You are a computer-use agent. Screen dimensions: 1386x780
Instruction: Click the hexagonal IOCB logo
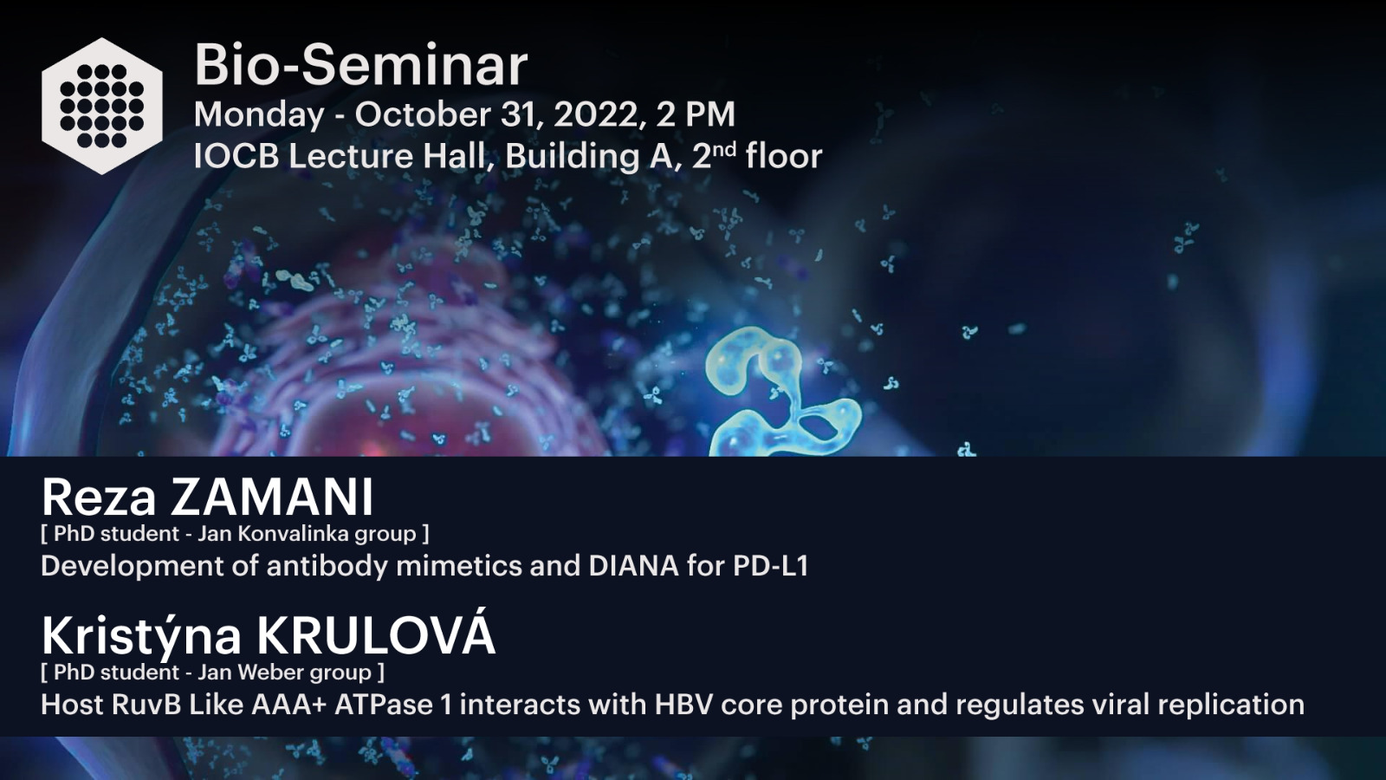point(102,106)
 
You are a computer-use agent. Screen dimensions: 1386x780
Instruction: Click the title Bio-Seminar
point(360,65)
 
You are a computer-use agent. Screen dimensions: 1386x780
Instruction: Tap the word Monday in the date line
point(259,115)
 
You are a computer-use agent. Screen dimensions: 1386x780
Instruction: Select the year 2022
point(595,114)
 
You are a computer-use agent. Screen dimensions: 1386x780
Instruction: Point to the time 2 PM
point(696,114)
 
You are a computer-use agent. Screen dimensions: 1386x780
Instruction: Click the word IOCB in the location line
point(236,155)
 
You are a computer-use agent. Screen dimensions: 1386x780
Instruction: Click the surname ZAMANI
point(272,497)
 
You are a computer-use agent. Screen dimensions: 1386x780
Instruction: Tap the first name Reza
point(99,497)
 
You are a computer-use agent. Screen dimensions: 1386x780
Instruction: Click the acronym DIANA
point(633,566)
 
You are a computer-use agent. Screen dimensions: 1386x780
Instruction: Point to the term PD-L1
point(771,566)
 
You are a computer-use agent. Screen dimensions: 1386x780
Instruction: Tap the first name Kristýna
point(141,637)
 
